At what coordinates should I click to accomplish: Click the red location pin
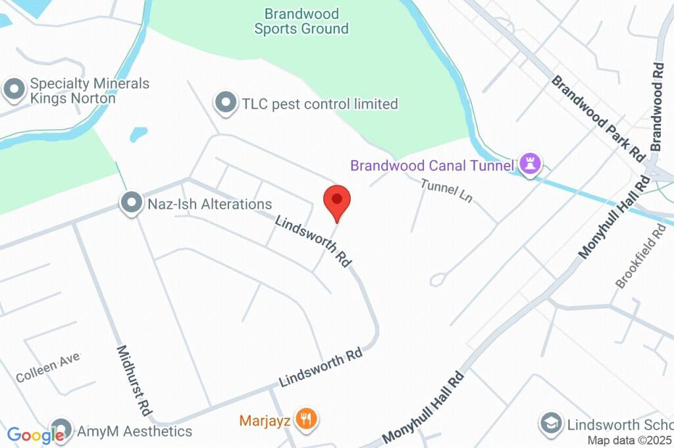click(x=337, y=200)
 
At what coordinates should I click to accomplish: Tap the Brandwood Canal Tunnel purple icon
click(x=530, y=164)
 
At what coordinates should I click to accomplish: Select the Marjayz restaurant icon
click(x=305, y=419)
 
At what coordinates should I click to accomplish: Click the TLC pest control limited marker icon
click(x=226, y=103)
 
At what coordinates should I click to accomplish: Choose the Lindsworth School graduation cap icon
click(x=550, y=424)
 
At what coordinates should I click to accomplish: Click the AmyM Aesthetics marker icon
click(x=61, y=429)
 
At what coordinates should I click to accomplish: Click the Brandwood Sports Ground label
click(x=301, y=21)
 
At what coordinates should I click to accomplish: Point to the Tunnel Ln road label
click(x=447, y=190)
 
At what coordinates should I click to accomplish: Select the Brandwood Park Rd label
click(x=597, y=118)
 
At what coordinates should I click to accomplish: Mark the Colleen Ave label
click(x=47, y=368)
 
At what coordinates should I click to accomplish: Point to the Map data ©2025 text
click(x=629, y=441)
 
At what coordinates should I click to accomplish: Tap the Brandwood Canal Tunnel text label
click(x=432, y=165)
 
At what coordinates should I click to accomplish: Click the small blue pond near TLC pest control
click(x=138, y=134)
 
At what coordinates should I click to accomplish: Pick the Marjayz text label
click(x=265, y=420)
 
